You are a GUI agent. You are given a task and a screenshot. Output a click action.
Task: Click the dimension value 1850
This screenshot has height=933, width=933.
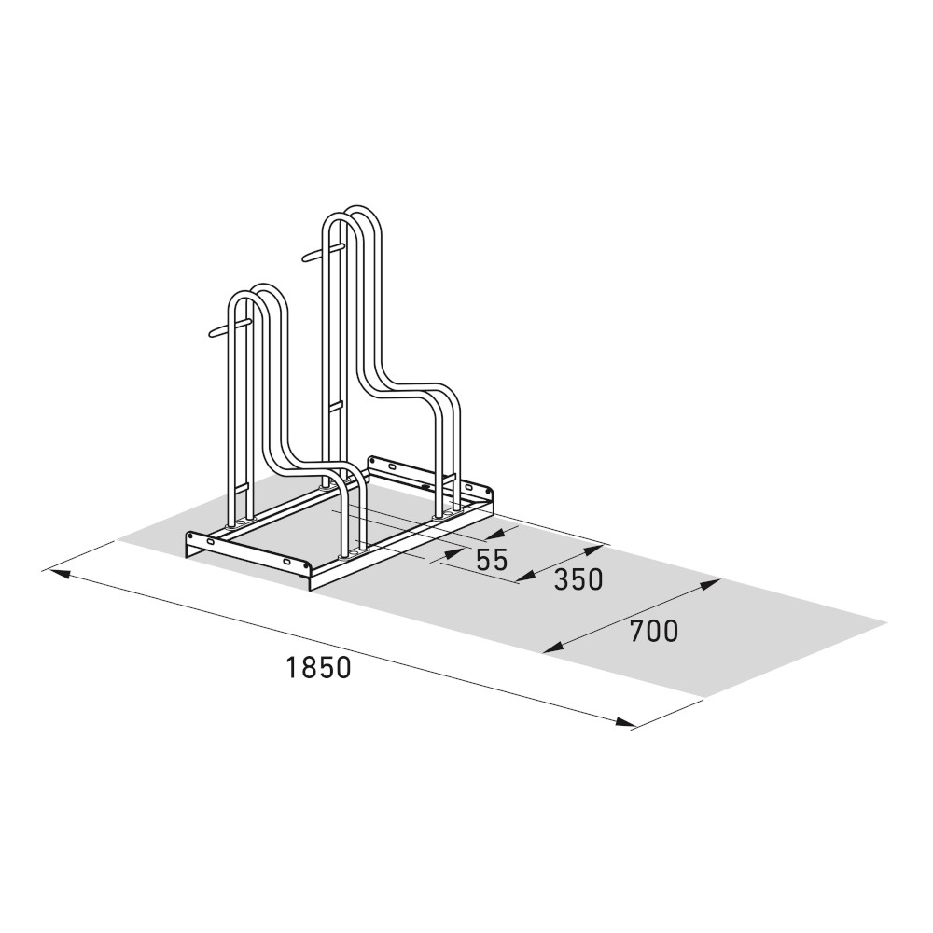click(x=319, y=668)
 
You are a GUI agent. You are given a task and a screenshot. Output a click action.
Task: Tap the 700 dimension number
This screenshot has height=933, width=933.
click(x=653, y=632)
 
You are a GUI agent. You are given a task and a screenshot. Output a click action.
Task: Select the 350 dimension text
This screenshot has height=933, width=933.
click(x=578, y=579)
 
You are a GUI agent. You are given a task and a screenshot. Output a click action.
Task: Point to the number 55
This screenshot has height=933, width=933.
click(x=492, y=561)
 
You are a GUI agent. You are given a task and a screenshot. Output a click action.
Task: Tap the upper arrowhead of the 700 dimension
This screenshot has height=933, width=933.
click(x=711, y=584)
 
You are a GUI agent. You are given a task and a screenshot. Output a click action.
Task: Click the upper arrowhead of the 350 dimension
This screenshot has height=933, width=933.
click(x=594, y=548)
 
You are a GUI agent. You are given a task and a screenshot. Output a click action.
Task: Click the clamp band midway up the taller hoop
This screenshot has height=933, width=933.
click(x=338, y=405)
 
